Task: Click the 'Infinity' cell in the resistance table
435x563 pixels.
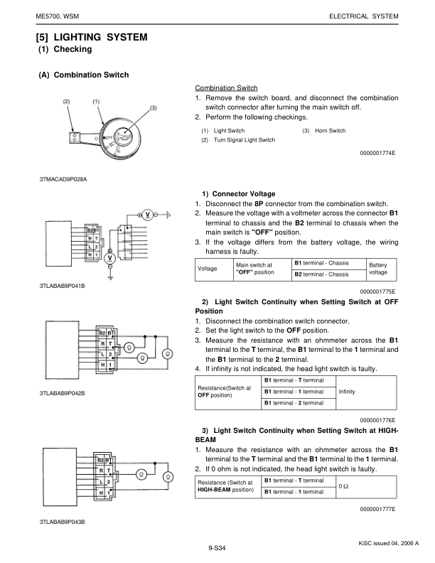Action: (348, 392)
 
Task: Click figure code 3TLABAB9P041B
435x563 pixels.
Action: (63, 285)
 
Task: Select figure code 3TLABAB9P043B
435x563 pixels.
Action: (63, 522)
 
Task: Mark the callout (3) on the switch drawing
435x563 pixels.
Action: (153, 107)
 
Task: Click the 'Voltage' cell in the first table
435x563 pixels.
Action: (208, 269)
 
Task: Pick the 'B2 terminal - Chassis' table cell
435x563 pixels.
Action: (321, 274)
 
